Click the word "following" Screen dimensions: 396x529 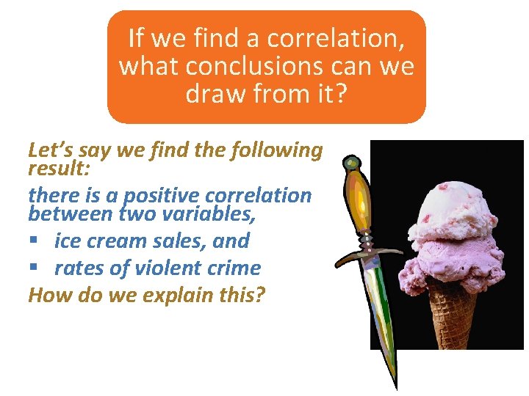[277, 150]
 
